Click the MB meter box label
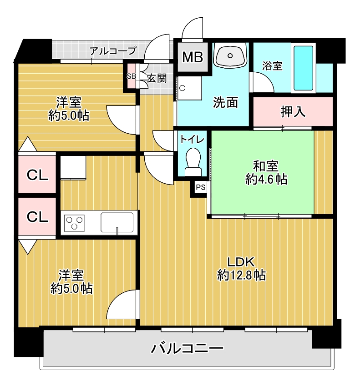193,57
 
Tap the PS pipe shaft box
200,188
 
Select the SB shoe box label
132,76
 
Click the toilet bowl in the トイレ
193,162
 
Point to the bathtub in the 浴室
303,68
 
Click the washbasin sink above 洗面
230,55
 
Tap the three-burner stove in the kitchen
74,223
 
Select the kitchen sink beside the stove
117,222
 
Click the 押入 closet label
293,112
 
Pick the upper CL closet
37,175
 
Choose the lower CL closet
37,216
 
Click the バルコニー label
187,348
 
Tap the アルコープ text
112,51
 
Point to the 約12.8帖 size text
241,275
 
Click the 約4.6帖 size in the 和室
266,179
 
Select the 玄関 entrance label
157,78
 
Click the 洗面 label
225,102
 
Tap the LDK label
240,262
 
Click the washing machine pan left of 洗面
189,88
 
